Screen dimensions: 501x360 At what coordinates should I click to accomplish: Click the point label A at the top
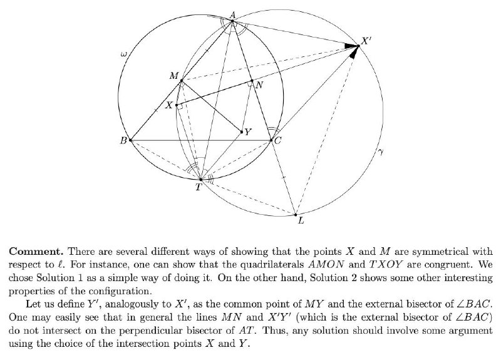[x=232, y=14]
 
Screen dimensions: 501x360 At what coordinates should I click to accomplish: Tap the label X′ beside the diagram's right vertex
[x=366, y=41]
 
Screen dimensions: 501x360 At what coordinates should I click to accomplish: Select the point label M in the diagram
[x=174, y=76]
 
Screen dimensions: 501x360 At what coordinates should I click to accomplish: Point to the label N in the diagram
[x=260, y=85]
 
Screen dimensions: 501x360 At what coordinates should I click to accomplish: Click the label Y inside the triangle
[x=248, y=131]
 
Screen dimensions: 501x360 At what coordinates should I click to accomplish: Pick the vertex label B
[x=123, y=140]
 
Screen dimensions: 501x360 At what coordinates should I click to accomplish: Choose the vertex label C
[x=278, y=140]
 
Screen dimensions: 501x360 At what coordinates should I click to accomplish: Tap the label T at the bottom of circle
[x=199, y=187]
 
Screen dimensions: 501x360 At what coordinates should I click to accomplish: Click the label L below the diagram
[x=301, y=220]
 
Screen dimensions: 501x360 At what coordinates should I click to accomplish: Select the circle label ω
[x=123, y=54]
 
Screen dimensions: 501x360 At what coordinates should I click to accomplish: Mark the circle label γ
[x=380, y=152]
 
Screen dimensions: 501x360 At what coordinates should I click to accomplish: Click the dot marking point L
[x=296, y=215]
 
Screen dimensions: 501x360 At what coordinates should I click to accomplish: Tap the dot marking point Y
[x=242, y=131]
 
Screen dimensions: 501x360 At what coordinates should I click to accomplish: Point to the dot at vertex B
[x=130, y=140]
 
